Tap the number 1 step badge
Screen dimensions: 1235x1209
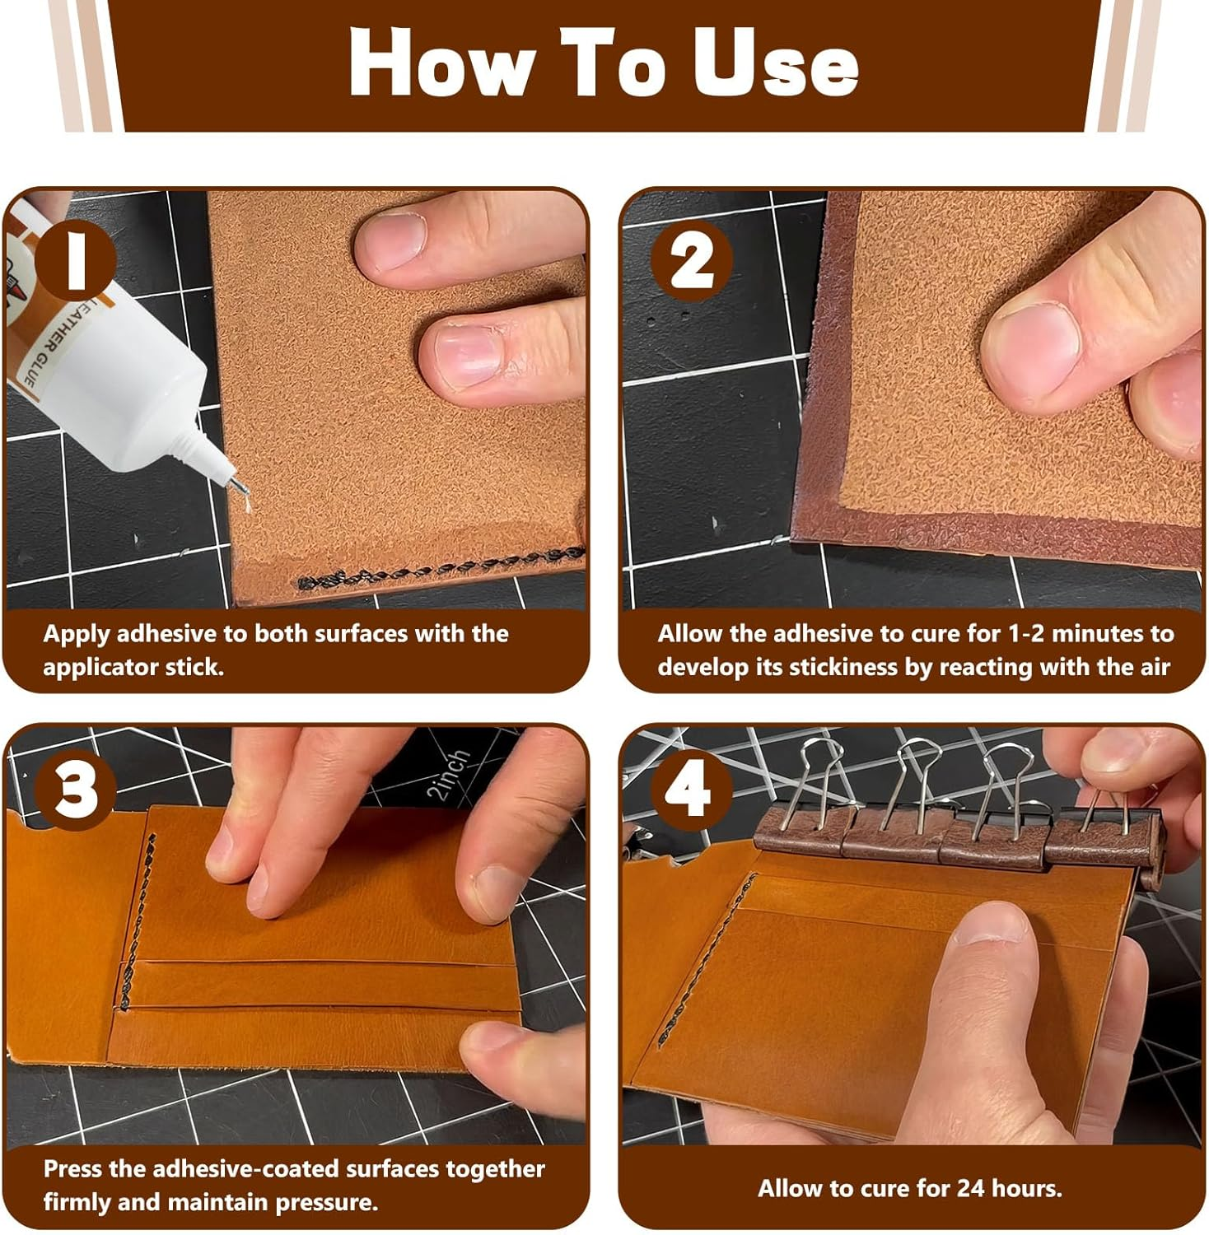[77, 259]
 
